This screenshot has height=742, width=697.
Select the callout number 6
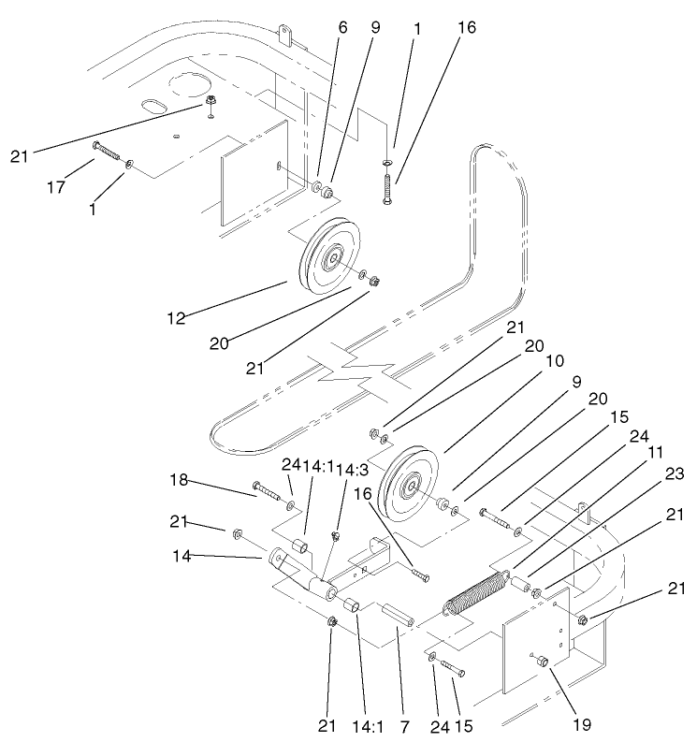coord(342,28)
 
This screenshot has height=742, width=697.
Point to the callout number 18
coord(179,480)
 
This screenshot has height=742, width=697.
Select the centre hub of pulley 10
coord(408,486)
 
